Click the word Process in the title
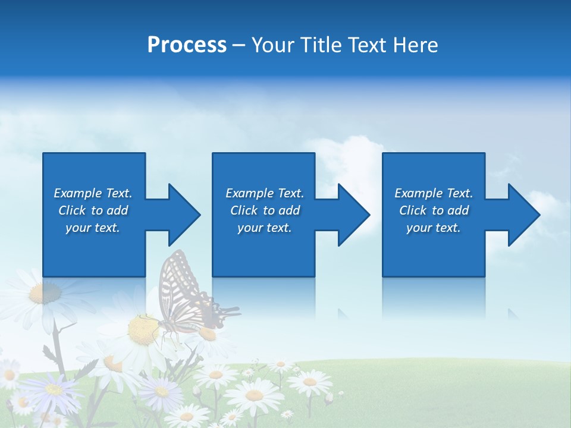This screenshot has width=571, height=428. [x=187, y=45]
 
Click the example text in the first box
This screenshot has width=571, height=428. [x=93, y=210]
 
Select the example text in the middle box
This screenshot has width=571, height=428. [x=265, y=210]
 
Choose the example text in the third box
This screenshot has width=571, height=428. [x=434, y=210]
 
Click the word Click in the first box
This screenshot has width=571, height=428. [x=72, y=210]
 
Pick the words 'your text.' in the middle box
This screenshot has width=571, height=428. [x=265, y=228]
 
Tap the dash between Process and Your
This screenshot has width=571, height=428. [x=239, y=45]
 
